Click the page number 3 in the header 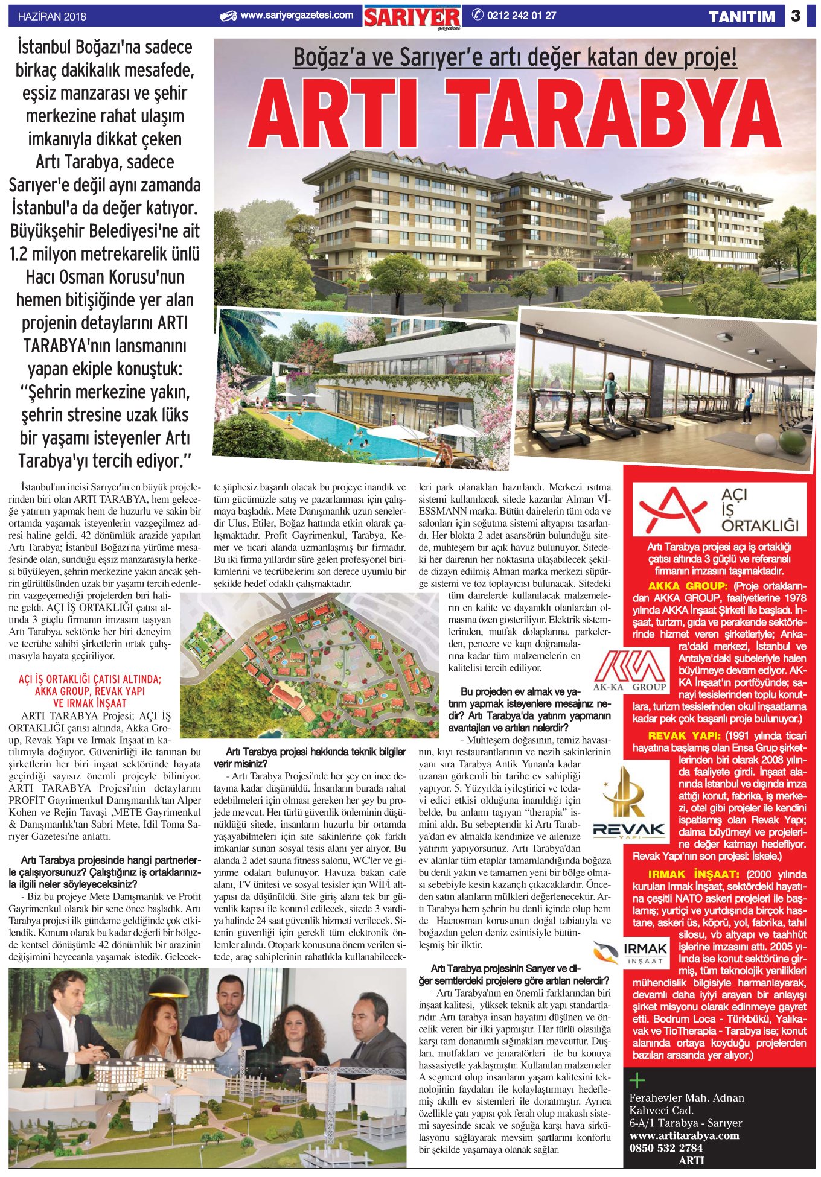[796, 16]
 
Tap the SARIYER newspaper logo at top [412, 17]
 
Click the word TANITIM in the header [742, 17]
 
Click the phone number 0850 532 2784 [666, 1147]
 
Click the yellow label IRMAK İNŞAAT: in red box [693, 874]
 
